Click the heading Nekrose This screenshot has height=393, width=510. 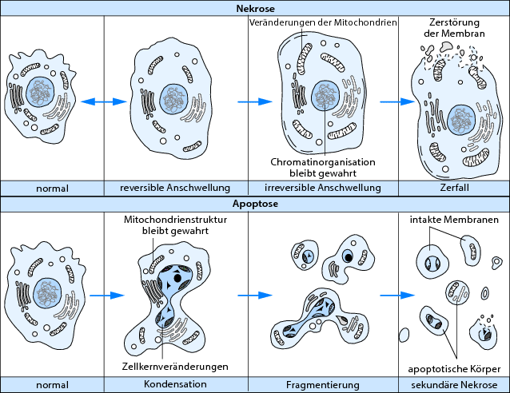click(x=255, y=8)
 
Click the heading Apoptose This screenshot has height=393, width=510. click(x=255, y=205)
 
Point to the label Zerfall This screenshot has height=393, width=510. click(x=453, y=189)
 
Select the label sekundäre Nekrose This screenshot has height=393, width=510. click(x=453, y=385)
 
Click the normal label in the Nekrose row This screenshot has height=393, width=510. click(x=52, y=189)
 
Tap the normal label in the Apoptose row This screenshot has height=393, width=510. click(x=52, y=385)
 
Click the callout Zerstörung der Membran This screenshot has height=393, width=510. click(x=453, y=30)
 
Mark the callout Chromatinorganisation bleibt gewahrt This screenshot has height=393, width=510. click(x=322, y=168)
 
